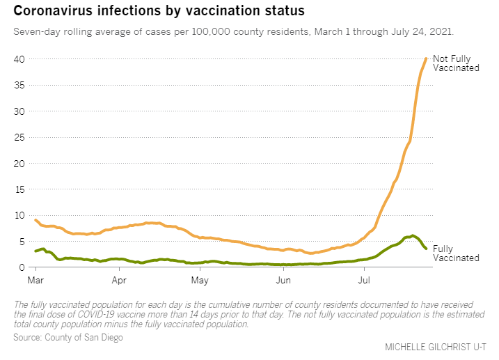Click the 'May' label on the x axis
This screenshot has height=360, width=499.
pyautogui.click(x=200, y=281)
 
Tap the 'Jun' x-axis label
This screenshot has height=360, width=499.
pyautogui.click(x=283, y=281)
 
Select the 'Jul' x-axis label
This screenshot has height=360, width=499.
pyautogui.click(x=364, y=281)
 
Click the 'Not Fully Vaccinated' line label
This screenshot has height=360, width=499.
pyautogui.click(x=455, y=63)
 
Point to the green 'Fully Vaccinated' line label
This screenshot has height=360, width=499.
pyautogui.click(x=455, y=253)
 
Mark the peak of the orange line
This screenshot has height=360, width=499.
pyautogui.click(x=426, y=58)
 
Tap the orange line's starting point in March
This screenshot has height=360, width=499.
pyautogui.click(x=35, y=220)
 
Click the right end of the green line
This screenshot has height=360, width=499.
pyautogui.click(x=426, y=249)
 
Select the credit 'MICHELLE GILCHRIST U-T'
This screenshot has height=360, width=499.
pyautogui.click(x=436, y=347)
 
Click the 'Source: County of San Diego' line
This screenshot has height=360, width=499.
pyautogui.click(x=68, y=337)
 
